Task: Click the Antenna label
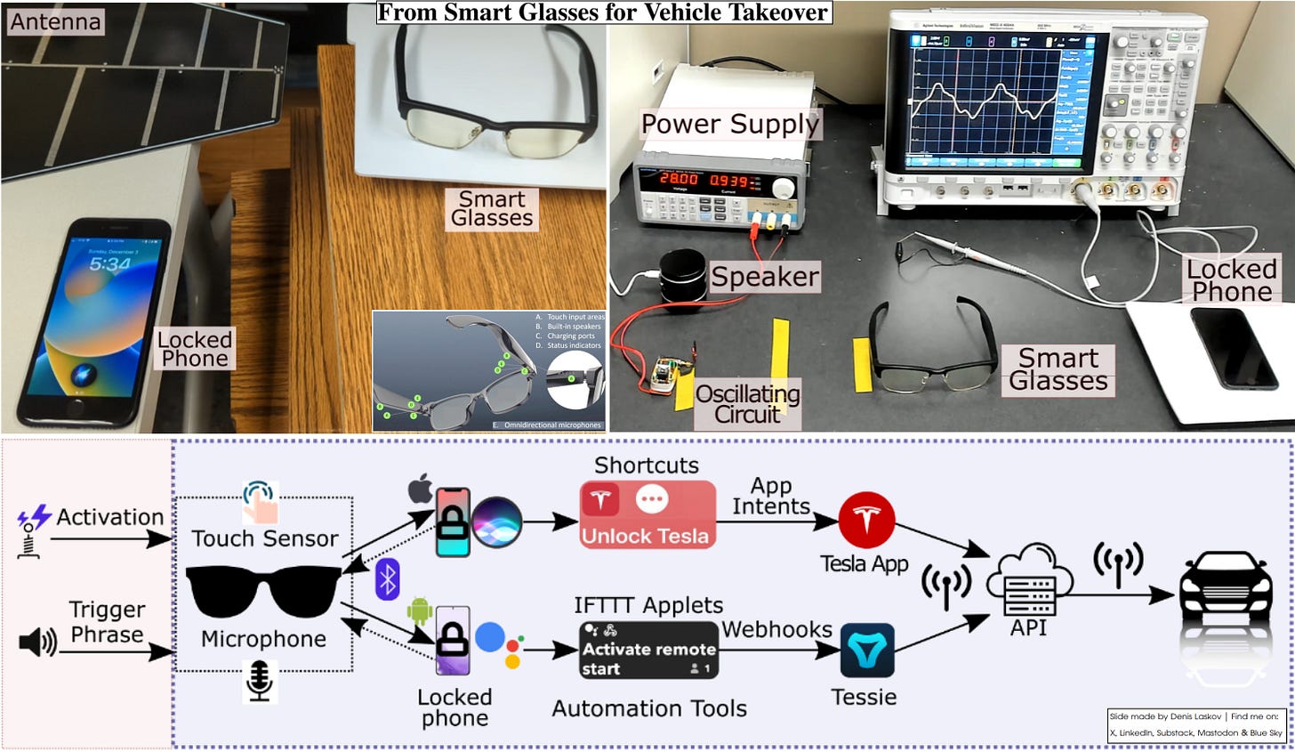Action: tap(55, 21)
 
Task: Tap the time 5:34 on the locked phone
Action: tap(109, 263)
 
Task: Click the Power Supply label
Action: tap(729, 125)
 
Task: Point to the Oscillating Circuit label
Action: tap(747, 404)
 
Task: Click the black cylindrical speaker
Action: tap(682, 274)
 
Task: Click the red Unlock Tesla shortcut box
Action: tap(647, 514)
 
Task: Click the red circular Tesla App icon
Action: tap(866, 519)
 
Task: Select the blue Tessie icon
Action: tap(867, 651)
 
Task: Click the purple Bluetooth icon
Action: tap(387, 579)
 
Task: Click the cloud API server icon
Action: tap(1030, 582)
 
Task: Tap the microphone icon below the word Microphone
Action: tap(259, 681)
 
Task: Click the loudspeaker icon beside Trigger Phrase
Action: tap(36, 642)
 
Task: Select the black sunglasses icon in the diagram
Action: tap(263, 591)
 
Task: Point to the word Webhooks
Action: tap(776, 629)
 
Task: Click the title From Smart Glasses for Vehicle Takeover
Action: tap(604, 12)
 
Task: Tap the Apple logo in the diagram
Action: tap(420, 489)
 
